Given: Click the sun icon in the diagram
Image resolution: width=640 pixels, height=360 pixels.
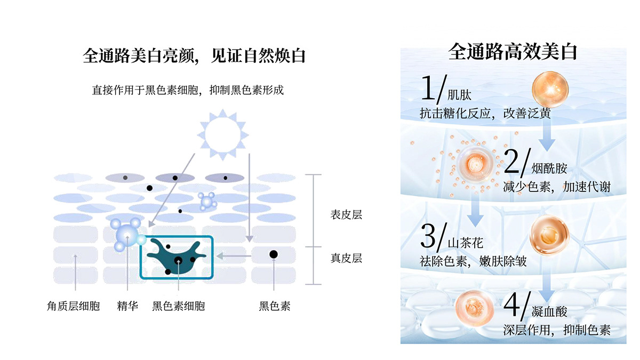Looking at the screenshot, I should (x=222, y=134).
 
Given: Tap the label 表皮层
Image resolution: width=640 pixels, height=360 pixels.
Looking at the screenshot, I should (x=346, y=215).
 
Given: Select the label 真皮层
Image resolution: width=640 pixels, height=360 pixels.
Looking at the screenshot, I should (x=346, y=258).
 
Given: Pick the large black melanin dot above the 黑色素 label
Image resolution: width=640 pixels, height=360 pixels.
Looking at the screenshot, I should (x=274, y=254).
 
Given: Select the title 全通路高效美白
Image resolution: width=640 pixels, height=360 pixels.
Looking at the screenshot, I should (x=513, y=52).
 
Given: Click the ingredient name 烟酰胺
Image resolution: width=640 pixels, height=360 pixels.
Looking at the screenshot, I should (x=549, y=170).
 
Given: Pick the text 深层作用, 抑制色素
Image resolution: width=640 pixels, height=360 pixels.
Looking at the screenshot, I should (x=556, y=330).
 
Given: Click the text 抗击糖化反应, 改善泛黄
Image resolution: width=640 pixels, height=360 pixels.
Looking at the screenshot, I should (x=485, y=114).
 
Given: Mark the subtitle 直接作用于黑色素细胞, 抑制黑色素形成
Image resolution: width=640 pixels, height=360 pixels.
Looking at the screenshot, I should (x=187, y=90).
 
